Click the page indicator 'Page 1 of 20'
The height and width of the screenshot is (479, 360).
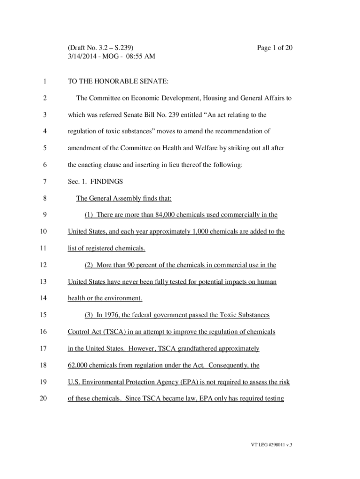point(275,48)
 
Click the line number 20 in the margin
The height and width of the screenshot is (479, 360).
point(43,399)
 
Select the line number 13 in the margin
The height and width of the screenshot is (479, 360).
point(43,282)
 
